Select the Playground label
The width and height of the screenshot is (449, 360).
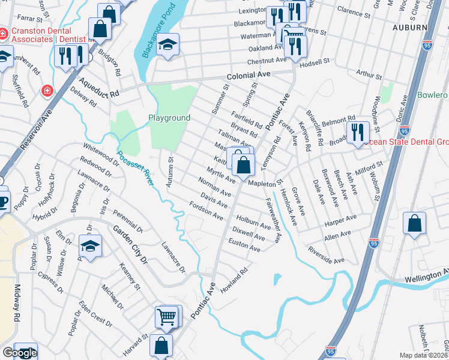(x=169, y=118)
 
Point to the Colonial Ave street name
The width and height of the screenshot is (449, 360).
(x=249, y=76)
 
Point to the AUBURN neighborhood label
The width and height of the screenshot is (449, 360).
(x=408, y=27)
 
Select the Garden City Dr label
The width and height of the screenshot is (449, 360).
(x=127, y=245)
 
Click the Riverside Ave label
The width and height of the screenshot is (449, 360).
(x=327, y=256)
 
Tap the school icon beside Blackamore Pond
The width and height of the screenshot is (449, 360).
(x=168, y=45)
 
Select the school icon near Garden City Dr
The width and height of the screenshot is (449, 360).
(x=90, y=246)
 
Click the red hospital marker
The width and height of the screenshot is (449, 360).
(x=46, y=91)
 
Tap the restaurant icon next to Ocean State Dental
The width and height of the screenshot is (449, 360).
(x=357, y=131)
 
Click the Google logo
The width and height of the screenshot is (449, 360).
(x=20, y=353)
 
